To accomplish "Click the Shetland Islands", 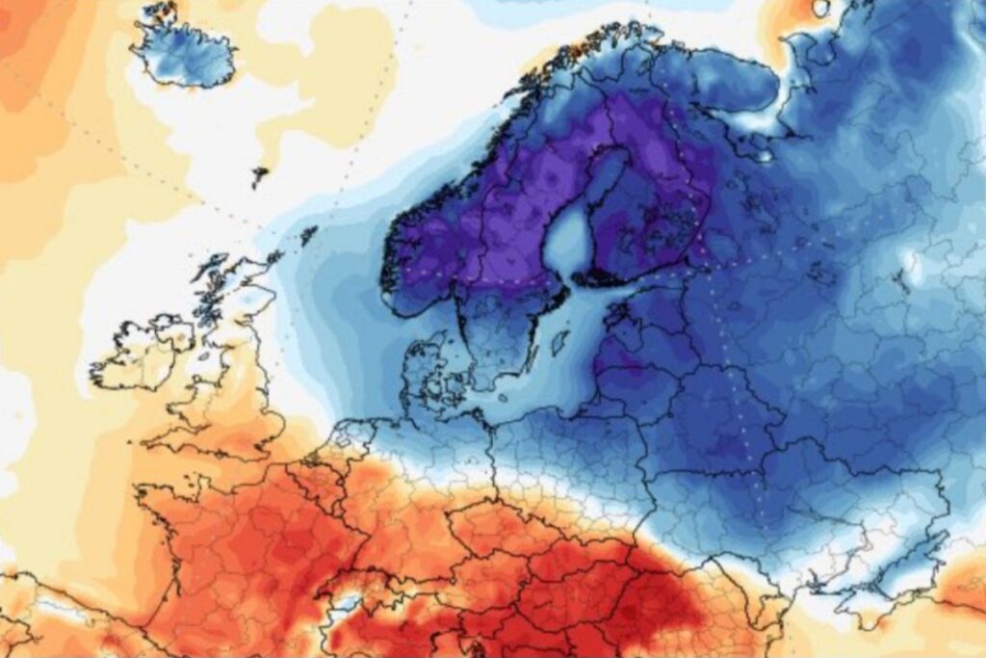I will click(x=309, y=234).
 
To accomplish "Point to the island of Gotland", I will click(x=559, y=343).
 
